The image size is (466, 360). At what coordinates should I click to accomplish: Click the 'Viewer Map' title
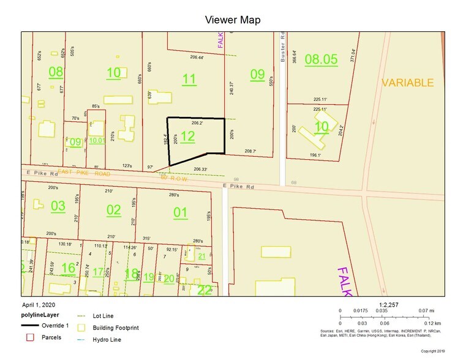(233, 20)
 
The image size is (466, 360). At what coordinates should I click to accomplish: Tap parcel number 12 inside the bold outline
(188, 137)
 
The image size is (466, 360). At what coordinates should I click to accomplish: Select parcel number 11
(189, 79)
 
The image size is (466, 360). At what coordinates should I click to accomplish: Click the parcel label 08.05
(321, 59)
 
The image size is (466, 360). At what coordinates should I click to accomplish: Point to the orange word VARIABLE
(407, 83)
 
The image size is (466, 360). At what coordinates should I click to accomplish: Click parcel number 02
(114, 211)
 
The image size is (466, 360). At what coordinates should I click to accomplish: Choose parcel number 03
(58, 206)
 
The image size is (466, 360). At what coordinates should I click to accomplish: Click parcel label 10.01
(97, 140)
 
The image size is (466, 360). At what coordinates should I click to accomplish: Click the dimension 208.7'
(250, 151)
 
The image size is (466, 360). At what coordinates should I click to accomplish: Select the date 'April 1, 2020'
(38, 304)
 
